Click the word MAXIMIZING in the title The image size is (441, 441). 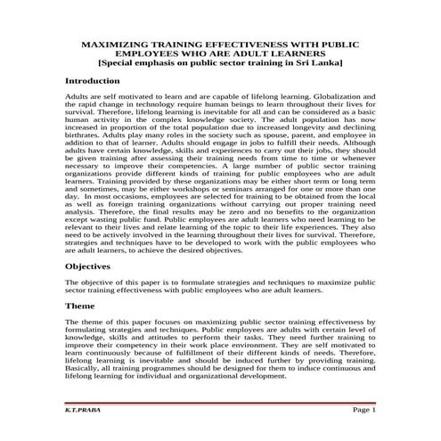116,42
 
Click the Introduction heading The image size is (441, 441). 99,80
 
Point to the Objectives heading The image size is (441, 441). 94,266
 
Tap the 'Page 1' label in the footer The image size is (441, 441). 363,410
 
